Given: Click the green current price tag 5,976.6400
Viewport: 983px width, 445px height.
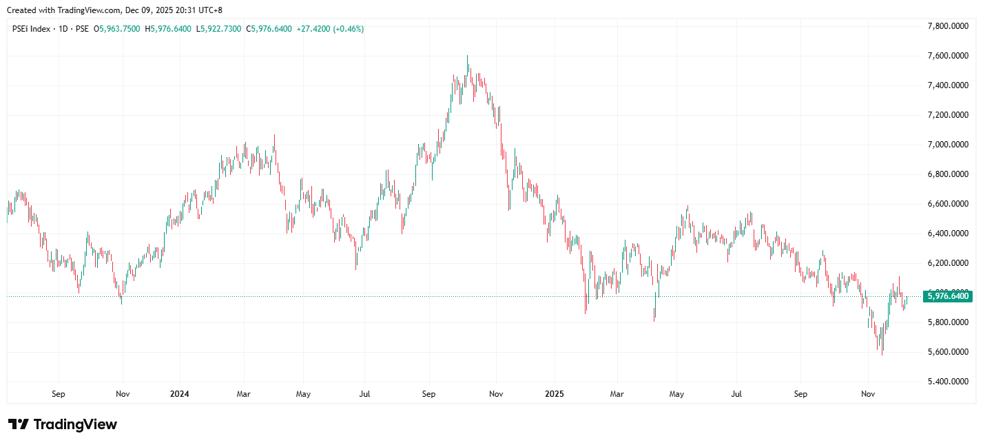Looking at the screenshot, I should [x=948, y=296].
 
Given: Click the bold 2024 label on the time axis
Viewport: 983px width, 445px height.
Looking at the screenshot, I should [x=179, y=394].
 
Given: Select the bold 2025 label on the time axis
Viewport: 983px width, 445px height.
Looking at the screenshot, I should [x=555, y=394].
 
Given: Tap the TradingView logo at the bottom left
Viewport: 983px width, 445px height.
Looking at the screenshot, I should [x=63, y=424].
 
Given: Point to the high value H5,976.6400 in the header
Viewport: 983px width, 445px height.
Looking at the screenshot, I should [x=168, y=29].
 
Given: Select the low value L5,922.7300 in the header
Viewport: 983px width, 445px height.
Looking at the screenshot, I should [x=219, y=29].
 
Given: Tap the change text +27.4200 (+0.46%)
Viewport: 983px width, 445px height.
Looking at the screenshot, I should [x=330, y=29].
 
